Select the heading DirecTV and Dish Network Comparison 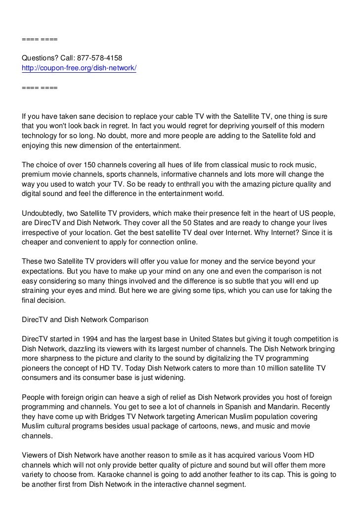coord(85,320)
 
